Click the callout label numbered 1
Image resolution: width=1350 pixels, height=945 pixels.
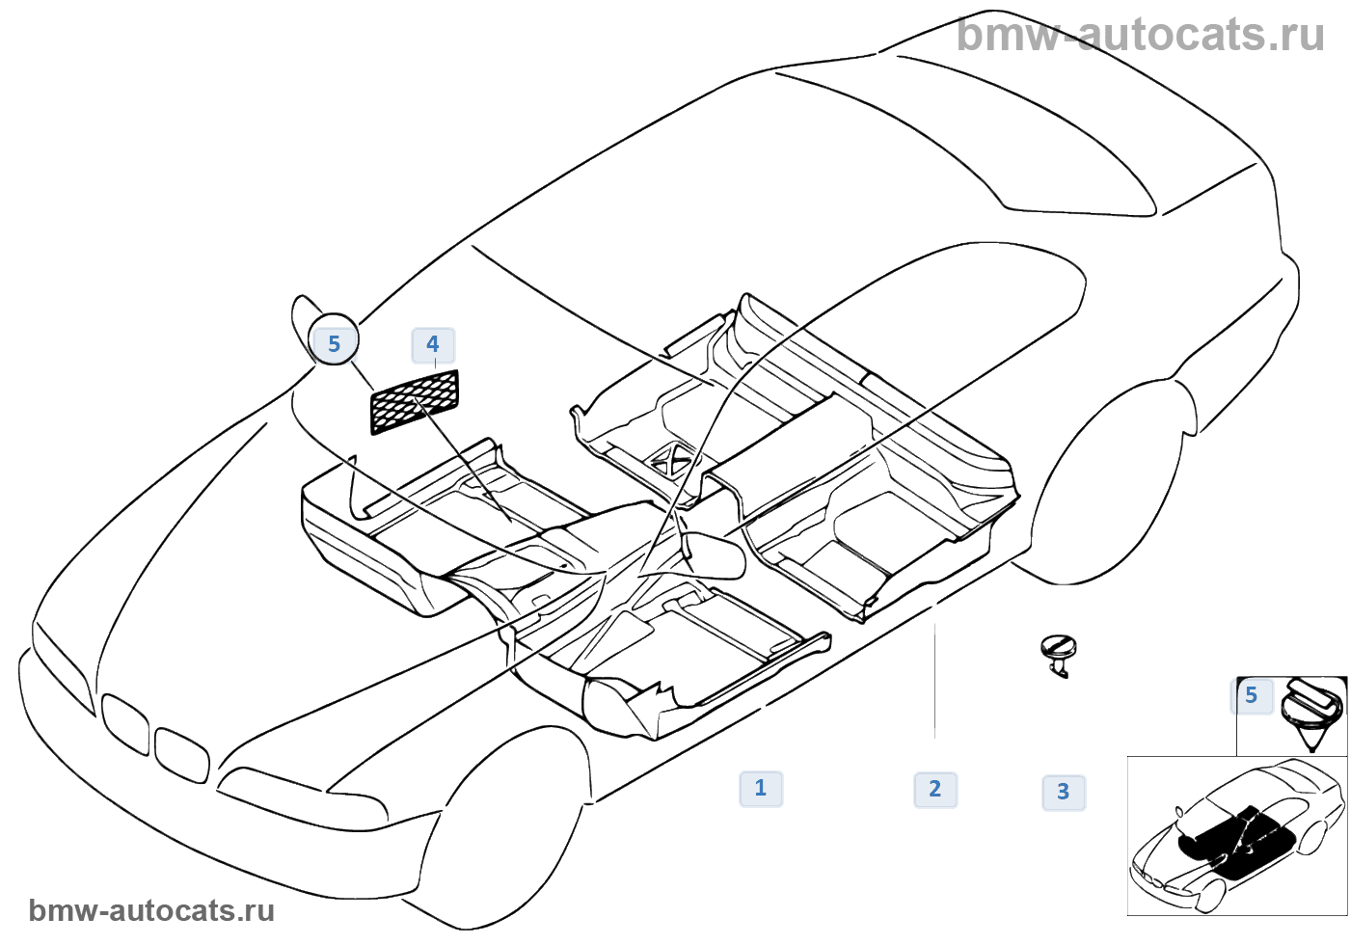click(761, 789)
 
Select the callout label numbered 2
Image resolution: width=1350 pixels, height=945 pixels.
click(935, 790)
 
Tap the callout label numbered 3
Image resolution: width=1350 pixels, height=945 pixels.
click(1064, 793)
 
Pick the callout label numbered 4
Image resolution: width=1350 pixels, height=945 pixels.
click(433, 345)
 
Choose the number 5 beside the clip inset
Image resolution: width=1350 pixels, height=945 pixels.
click(1252, 696)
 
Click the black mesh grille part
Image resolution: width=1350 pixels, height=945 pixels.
click(415, 402)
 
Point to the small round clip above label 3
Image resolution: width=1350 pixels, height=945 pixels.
click(1059, 656)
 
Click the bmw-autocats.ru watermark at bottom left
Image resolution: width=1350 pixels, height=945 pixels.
click(151, 910)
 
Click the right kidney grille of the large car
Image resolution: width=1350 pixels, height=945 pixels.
click(181, 756)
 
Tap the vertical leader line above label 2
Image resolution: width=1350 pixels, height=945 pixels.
click(934, 681)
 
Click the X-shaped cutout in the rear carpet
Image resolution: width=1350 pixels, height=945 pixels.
click(669, 461)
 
